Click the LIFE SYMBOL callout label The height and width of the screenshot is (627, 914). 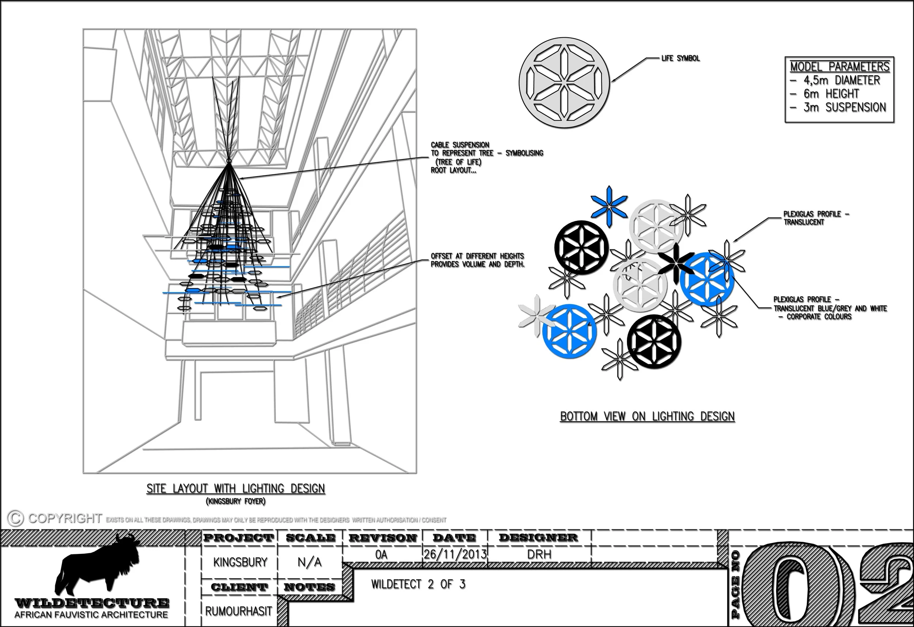click(680, 58)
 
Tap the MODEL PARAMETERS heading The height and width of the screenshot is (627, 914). click(840, 66)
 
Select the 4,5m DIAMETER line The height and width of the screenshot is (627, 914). click(835, 80)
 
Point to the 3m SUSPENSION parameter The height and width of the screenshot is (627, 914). click(838, 107)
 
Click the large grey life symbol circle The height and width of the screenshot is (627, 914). click(564, 82)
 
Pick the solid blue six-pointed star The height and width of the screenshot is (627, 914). click(609, 207)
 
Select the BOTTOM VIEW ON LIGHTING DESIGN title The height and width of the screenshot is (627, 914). click(647, 416)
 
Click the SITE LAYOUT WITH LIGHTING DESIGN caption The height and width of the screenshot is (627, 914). click(236, 488)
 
